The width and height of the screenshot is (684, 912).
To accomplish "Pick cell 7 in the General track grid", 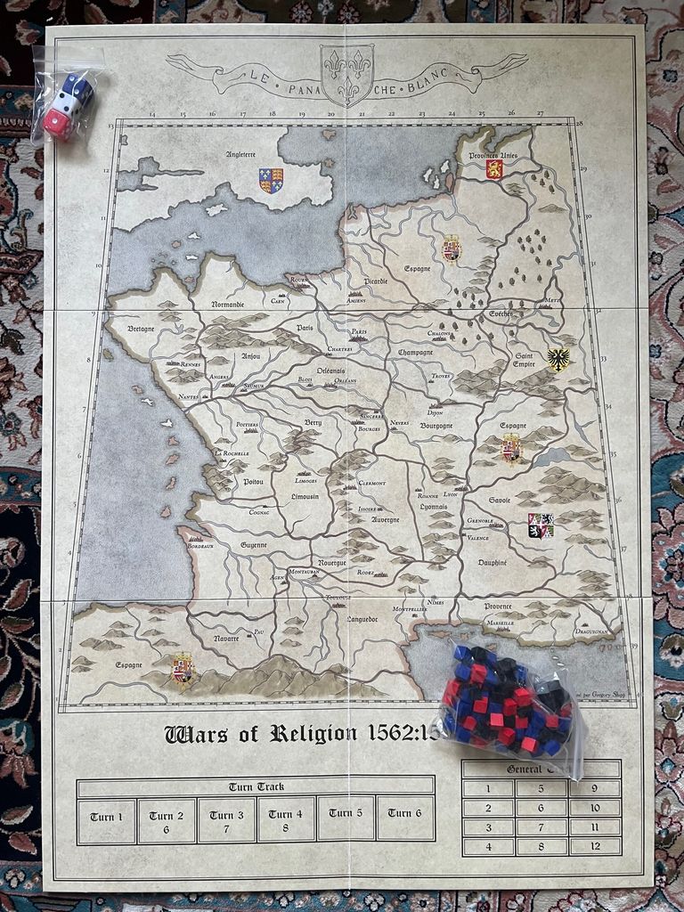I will (x=541, y=826).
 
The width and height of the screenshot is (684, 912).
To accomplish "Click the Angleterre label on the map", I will (x=240, y=154).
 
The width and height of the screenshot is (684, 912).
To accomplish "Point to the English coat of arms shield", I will (x=271, y=181).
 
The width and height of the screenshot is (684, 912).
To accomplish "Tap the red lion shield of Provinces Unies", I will (x=494, y=169).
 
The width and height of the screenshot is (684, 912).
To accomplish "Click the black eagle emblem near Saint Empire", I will (x=558, y=360).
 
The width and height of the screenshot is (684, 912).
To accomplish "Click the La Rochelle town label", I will (x=232, y=453).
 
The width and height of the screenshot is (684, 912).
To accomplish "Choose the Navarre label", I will (x=225, y=639).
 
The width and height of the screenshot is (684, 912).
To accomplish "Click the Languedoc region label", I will (x=362, y=617).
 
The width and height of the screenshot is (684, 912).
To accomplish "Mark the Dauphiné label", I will (x=493, y=563).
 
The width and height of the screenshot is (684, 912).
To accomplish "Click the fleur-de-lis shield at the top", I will (x=346, y=76).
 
